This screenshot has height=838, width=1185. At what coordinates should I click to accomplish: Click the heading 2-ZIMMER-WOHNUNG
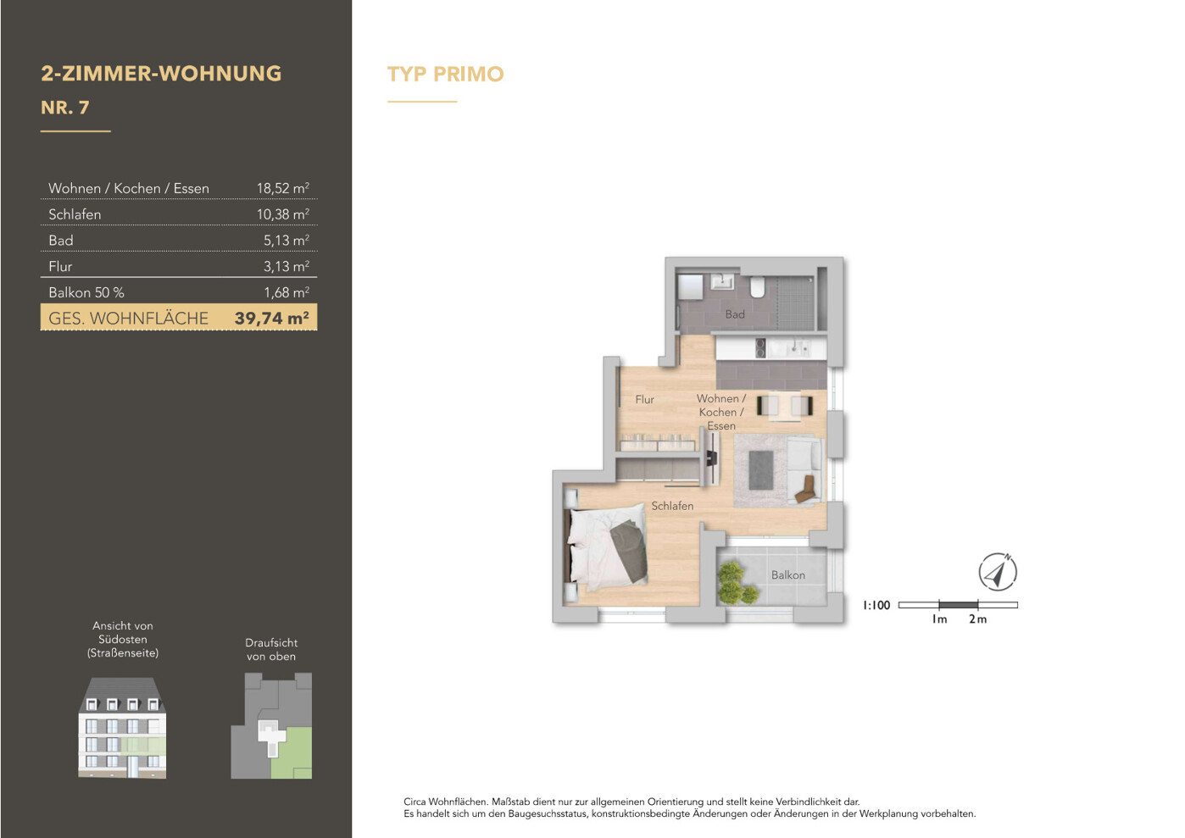(161, 74)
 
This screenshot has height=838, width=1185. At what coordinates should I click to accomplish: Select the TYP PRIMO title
(445, 74)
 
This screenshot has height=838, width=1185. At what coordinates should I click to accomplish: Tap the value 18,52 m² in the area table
(283, 188)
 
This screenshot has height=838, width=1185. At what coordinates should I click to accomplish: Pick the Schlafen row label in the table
(75, 214)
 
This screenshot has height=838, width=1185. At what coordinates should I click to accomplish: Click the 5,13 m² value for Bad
(287, 240)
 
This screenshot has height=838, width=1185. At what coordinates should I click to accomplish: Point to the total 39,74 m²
(272, 318)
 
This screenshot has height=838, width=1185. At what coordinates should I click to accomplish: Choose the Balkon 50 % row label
(86, 292)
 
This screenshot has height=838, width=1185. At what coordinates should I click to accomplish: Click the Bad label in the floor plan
(735, 314)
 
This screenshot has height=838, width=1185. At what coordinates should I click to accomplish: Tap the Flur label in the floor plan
(644, 399)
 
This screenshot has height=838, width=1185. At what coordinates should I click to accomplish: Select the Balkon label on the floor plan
(787, 574)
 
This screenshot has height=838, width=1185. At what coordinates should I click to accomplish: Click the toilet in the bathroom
(758, 286)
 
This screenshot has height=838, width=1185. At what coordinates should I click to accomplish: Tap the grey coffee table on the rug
(760, 470)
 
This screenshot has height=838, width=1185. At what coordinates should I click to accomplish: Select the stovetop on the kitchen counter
(760, 347)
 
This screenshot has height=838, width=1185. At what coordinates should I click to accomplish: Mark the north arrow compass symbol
(997, 572)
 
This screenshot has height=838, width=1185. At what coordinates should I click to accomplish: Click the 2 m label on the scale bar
(977, 619)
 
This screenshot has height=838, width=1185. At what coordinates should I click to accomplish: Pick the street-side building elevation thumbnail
(122, 728)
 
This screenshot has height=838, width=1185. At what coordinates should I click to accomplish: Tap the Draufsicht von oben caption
(271, 649)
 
